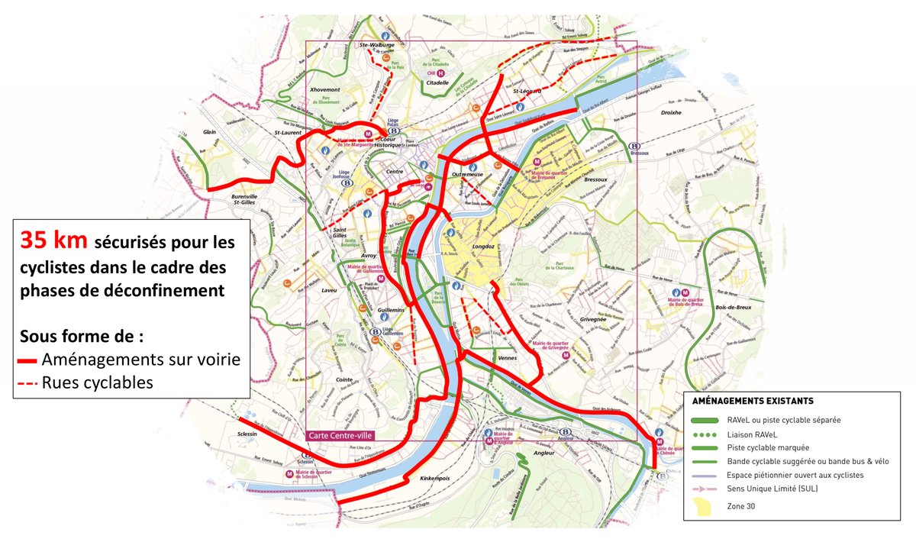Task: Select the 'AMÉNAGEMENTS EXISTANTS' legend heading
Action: (x=752, y=401)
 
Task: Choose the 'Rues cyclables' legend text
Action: (x=98, y=382)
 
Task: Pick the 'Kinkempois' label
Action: (x=437, y=479)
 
